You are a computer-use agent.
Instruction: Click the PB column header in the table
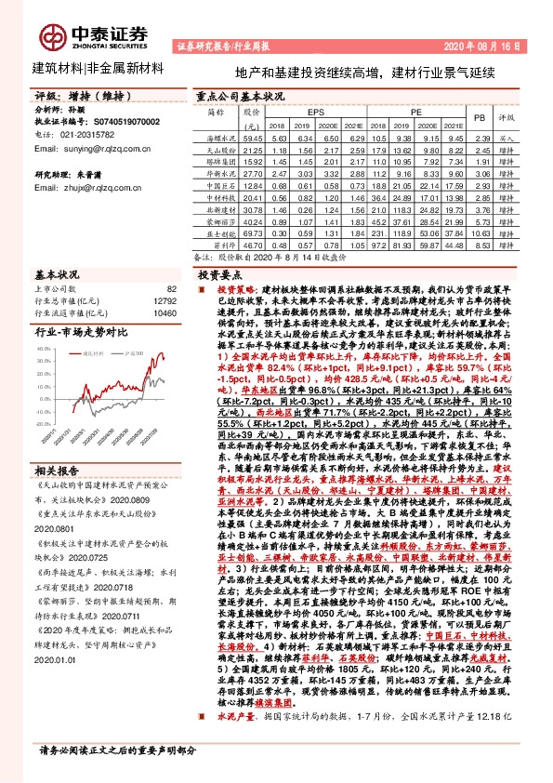pos(480,118)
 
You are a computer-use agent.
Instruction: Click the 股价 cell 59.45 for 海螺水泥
pos(251,137)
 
